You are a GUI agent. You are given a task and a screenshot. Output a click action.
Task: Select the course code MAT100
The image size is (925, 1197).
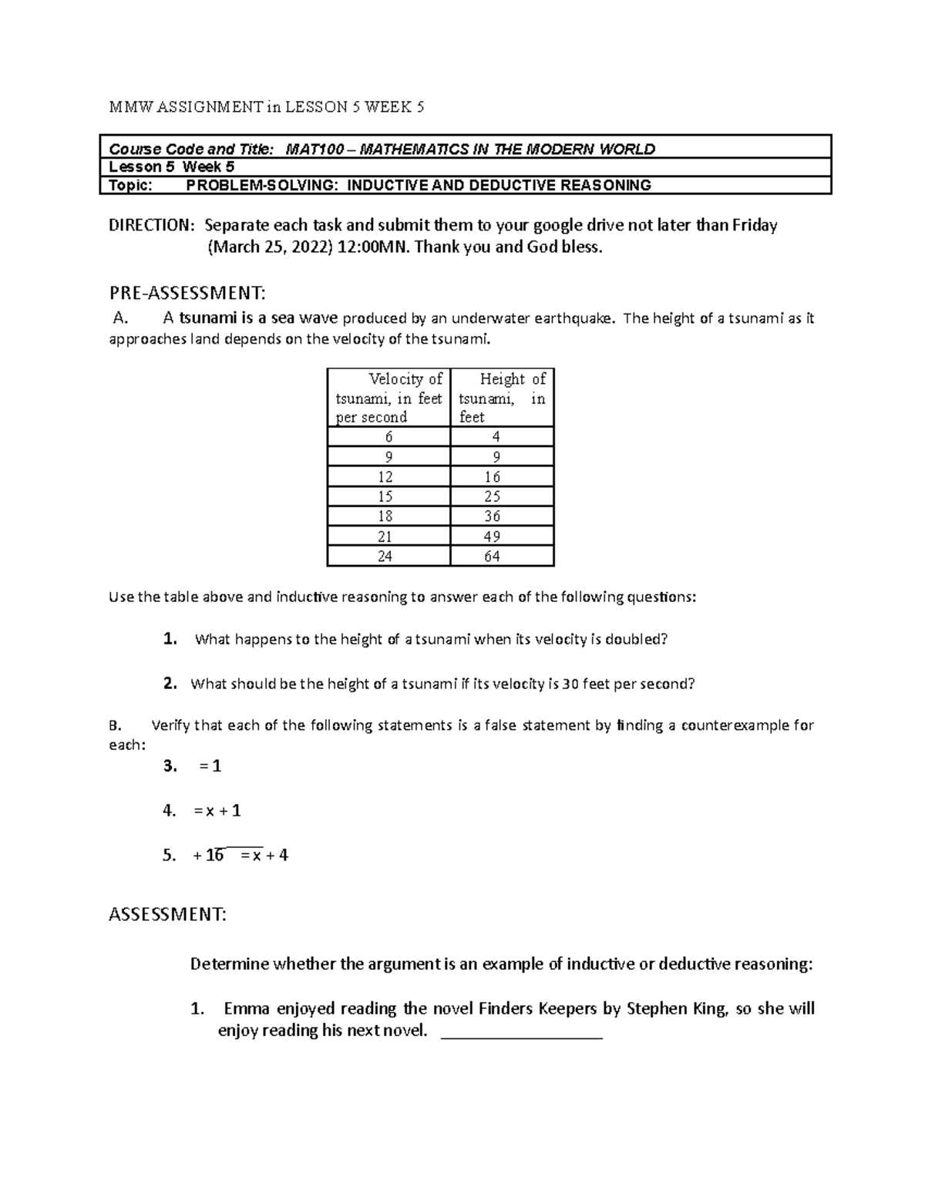(314, 149)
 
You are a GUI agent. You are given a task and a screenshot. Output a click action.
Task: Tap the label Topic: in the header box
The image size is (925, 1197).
(130, 185)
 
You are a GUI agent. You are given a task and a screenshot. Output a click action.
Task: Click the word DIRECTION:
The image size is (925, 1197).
(152, 226)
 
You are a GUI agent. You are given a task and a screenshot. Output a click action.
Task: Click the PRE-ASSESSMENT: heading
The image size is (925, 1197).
(187, 293)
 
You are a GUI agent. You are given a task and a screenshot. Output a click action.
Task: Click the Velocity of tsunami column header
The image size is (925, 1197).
(388, 398)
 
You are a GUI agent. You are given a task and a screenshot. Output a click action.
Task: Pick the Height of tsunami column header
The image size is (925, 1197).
(502, 398)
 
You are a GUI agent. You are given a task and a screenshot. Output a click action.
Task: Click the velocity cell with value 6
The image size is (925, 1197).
(388, 437)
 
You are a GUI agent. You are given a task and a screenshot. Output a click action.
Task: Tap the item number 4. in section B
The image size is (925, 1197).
(170, 810)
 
